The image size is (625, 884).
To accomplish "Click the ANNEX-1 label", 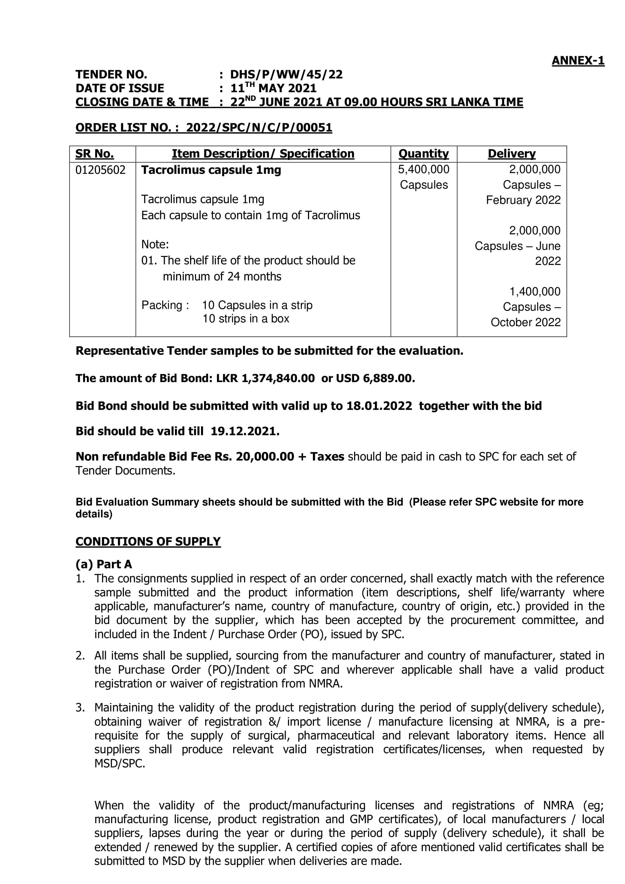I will pyautogui.click(x=578, y=61).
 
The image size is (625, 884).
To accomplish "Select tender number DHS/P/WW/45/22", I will pyautogui.click(x=286, y=74).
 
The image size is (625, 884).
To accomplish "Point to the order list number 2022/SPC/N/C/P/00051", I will pyautogui.click(x=259, y=128).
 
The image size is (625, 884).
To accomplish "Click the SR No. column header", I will pyautogui.click(x=94, y=154).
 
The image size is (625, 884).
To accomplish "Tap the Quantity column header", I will pyautogui.click(x=423, y=154).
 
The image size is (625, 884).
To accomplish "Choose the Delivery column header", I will pyautogui.click(x=512, y=154).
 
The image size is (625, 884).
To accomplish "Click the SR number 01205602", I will pyautogui.click(x=100, y=170).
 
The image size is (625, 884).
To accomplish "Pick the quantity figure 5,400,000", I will pyautogui.click(x=423, y=169).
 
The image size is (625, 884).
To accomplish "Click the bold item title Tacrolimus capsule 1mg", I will pyautogui.click(x=211, y=170).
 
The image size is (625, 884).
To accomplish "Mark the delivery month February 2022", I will pyautogui.click(x=523, y=200).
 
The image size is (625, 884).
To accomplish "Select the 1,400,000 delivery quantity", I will pyautogui.click(x=535, y=291).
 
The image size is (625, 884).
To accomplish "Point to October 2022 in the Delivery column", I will pyautogui.click(x=525, y=322).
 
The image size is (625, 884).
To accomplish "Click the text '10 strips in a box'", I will pyautogui.click(x=246, y=319).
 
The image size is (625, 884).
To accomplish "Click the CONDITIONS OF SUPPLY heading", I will pyautogui.click(x=148, y=541).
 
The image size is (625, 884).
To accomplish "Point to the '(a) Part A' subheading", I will pyautogui.click(x=104, y=564).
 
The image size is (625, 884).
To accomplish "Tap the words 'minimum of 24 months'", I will pyautogui.click(x=222, y=276).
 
